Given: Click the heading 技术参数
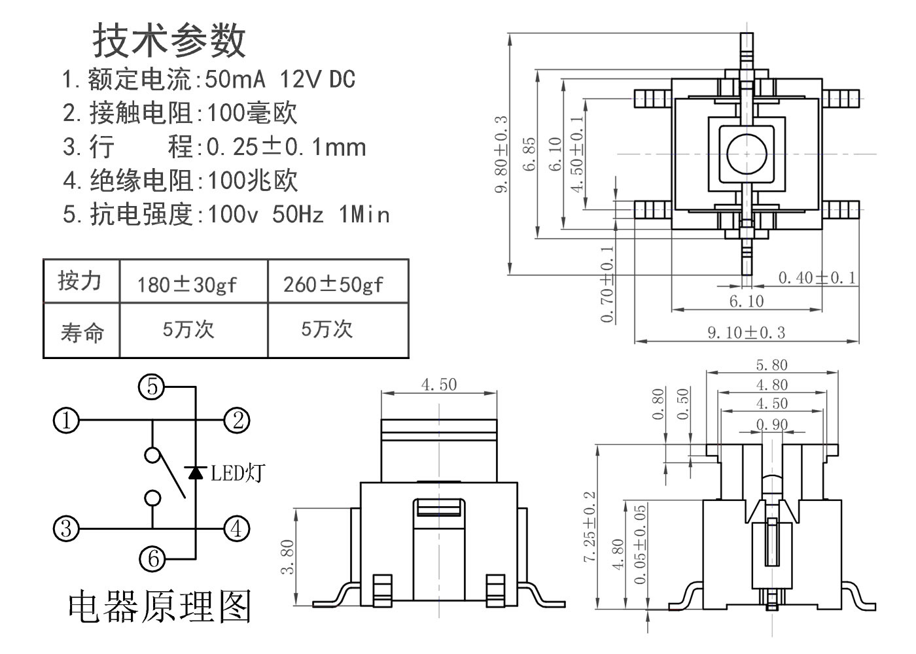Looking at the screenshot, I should point(169,41).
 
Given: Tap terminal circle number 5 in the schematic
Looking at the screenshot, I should point(152,387).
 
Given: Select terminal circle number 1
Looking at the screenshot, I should point(65,421).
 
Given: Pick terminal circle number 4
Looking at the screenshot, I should point(237,528).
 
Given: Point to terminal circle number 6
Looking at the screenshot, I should point(152,559).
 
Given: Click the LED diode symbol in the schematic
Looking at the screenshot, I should point(195,472).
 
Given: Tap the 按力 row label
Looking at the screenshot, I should point(80,281).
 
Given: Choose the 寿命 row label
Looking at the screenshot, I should point(82,333).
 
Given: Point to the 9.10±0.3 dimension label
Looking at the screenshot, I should point(746,333).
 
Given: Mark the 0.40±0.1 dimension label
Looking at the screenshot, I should point(817,278).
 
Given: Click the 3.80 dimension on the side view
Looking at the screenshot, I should point(287,557).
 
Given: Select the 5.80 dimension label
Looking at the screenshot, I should point(772,365).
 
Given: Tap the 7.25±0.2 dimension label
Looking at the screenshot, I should point(590,526).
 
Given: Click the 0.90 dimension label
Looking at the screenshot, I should point(772,424).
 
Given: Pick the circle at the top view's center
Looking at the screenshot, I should point(747,154).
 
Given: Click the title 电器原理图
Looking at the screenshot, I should point(160,607).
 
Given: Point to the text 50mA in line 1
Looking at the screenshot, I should point(235,80).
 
